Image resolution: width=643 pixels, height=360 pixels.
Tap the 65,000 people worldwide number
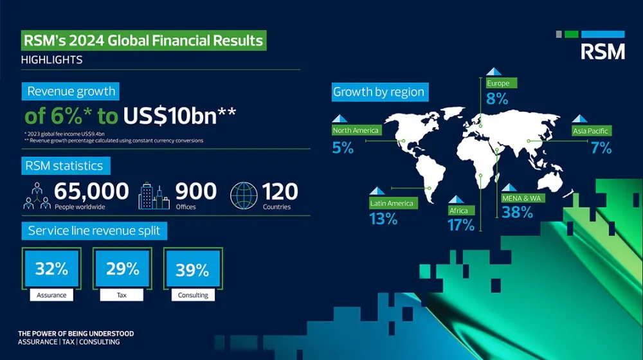91,192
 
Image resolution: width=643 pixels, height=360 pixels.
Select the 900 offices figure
196,192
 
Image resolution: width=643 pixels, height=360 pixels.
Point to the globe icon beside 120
244,196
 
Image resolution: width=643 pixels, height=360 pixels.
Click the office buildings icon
154,196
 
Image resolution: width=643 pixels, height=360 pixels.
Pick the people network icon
37,195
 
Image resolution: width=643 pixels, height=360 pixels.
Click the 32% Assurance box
51,269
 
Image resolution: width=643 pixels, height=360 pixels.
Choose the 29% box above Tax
122,269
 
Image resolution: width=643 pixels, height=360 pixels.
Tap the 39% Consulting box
193,270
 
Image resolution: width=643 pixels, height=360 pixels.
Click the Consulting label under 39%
193,295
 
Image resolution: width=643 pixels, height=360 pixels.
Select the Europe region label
498,84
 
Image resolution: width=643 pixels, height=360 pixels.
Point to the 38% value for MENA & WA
518,212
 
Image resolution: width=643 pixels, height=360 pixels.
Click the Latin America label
392,203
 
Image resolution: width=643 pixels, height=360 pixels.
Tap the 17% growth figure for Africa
462,224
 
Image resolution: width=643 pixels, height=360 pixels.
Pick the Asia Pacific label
591,131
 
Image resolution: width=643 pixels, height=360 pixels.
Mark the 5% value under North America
343,148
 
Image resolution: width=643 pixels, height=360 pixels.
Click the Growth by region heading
379,92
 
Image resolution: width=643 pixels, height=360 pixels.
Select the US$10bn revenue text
179,116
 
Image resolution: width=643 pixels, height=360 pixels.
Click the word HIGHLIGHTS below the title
51,60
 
